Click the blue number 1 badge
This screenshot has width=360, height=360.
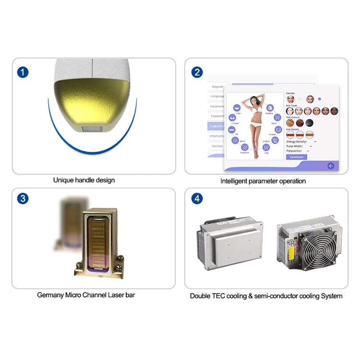[x=23, y=72]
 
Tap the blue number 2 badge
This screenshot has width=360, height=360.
[x=197, y=72]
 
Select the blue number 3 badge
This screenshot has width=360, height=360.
[x=23, y=199]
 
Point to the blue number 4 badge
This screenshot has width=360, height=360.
[x=197, y=199]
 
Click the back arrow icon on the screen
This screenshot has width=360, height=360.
[x=331, y=166]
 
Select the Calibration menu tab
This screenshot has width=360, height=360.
[x=216, y=126]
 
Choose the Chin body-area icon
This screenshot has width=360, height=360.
[x=237, y=108]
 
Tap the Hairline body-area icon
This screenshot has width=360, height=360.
[x=269, y=108]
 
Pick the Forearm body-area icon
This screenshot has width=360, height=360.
[x=245, y=148]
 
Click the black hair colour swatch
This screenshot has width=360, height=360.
[x=310, y=123]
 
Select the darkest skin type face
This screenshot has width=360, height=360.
[x=335, y=111]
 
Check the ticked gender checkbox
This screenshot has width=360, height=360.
[x=320, y=99]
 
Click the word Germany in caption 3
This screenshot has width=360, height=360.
[x=49, y=295]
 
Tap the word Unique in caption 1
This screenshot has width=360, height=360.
[x=63, y=180]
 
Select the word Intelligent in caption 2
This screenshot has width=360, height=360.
[x=235, y=181]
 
